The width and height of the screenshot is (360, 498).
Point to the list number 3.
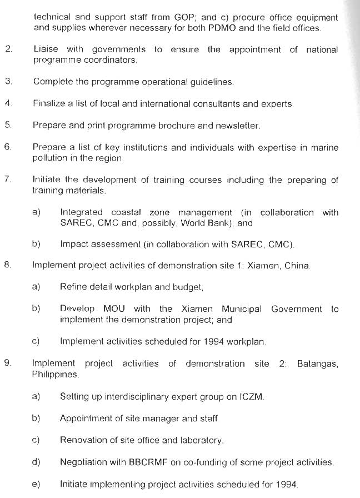(x=8, y=81)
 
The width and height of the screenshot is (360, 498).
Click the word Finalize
(x=51, y=103)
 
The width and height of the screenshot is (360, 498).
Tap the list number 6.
(x=7, y=147)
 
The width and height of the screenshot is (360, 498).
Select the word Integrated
(x=81, y=212)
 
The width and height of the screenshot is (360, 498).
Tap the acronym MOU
(x=114, y=308)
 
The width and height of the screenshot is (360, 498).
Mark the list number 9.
(x=7, y=363)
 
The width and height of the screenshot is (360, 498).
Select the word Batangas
(x=317, y=363)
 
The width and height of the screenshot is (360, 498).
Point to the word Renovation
(x=83, y=440)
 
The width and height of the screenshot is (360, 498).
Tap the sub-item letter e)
(x=36, y=484)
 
